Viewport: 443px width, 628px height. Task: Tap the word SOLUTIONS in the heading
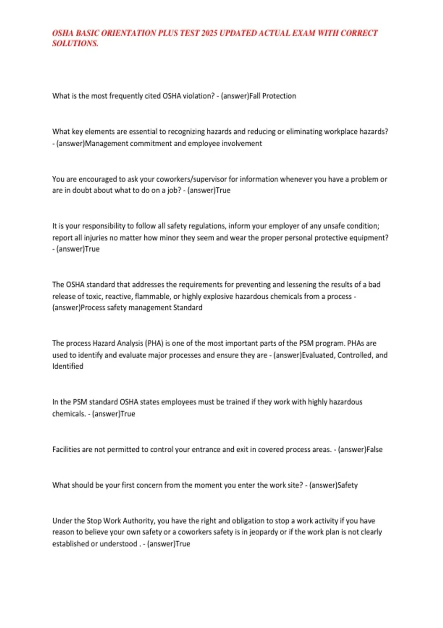tap(75, 44)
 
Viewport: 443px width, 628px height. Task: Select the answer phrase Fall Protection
tap(273, 96)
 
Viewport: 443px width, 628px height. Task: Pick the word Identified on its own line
tap(68, 366)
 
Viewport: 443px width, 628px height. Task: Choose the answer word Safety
tap(348, 485)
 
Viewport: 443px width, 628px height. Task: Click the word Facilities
tap(66, 450)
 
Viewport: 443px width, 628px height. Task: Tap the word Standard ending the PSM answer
tap(188, 307)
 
